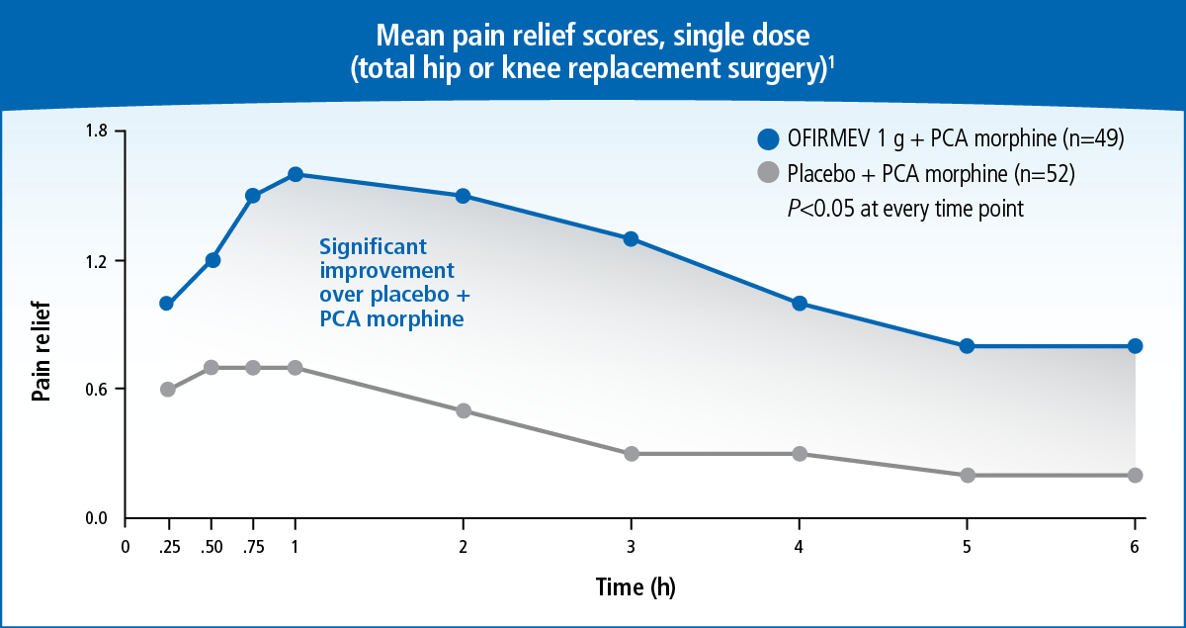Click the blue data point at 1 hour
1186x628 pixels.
click(x=295, y=175)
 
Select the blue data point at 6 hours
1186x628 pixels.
click(x=1135, y=346)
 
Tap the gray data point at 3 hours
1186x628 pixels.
click(x=632, y=454)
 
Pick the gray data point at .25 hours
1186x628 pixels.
click(x=167, y=390)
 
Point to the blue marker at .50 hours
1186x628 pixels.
click(x=212, y=260)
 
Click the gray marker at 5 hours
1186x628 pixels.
click(x=967, y=476)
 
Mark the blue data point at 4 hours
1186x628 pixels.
click(x=799, y=304)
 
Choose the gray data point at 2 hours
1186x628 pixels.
click(x=463, y=411)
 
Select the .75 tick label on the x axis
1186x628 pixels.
click(x=252, y=546)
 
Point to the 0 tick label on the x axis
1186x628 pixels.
click(x=126, y=546)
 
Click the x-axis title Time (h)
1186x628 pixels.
click(x=635, y=587)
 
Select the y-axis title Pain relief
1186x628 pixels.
click(x=41, y=353)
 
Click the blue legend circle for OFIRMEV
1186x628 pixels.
click(x=768, y=139)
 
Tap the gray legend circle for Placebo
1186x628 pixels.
click(x=768, y=174)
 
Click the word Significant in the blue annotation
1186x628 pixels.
click(x=373, y=247)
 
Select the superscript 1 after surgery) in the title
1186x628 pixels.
click(x=833, y=65)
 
